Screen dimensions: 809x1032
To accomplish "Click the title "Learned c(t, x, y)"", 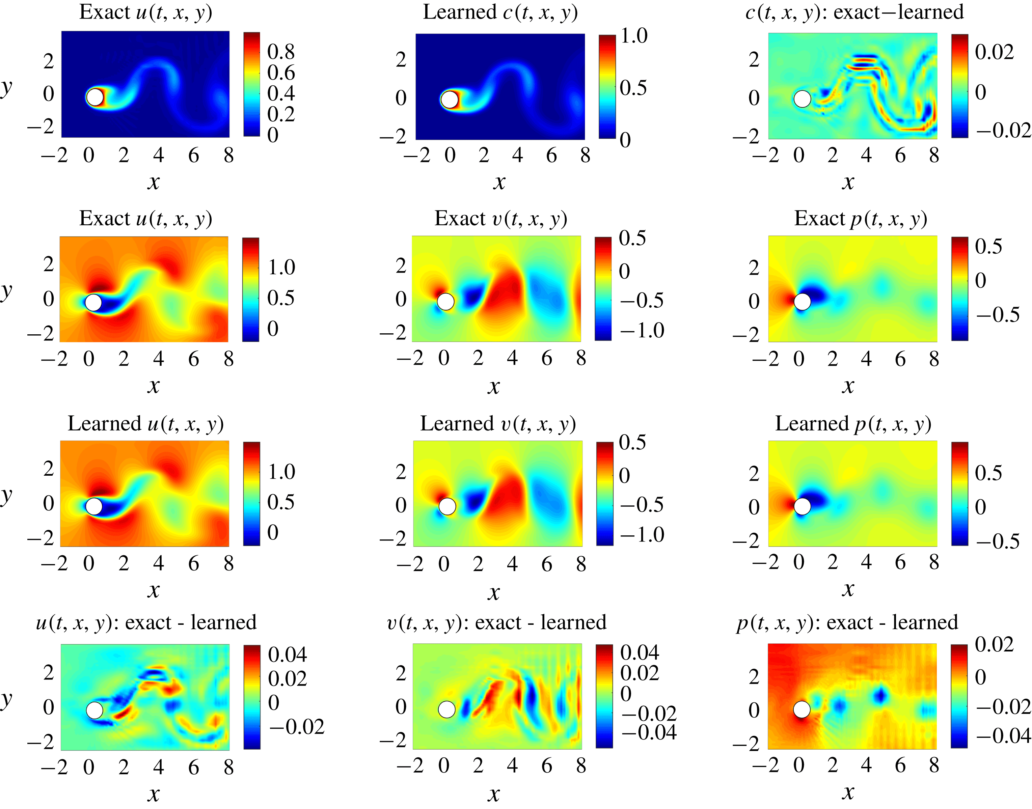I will point(500,12).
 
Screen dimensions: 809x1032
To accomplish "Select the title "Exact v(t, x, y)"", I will point(500,219).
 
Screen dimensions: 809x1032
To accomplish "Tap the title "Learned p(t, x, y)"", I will point(853,424).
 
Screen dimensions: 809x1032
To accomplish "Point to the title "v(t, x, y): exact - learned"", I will point(496,622).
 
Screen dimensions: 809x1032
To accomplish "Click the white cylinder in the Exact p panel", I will point(802,301).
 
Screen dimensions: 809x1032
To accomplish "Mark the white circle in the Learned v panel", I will point(447,506).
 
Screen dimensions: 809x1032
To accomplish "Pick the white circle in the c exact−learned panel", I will point(802,99).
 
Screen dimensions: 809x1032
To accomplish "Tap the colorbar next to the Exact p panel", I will point(959,288).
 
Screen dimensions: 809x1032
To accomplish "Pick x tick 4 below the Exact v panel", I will point(512,358).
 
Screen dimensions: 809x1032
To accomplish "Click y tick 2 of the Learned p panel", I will point(754,473).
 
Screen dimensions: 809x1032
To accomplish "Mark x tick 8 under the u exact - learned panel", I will point(228,767).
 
